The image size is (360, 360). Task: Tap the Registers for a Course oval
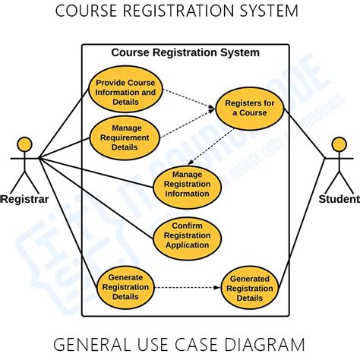[x=249, y=109]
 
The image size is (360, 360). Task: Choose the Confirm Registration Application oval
[x=187, y=235]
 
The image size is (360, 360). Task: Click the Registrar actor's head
[x=25, y=144]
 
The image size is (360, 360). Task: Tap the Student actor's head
[x=338, y=144]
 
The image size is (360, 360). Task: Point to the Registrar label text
[x=25, y=200]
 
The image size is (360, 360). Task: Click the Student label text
[x=339, y=200]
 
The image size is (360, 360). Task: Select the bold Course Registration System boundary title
[x=185, y=52]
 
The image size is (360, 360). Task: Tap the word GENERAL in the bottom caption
[x=90, y=344]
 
